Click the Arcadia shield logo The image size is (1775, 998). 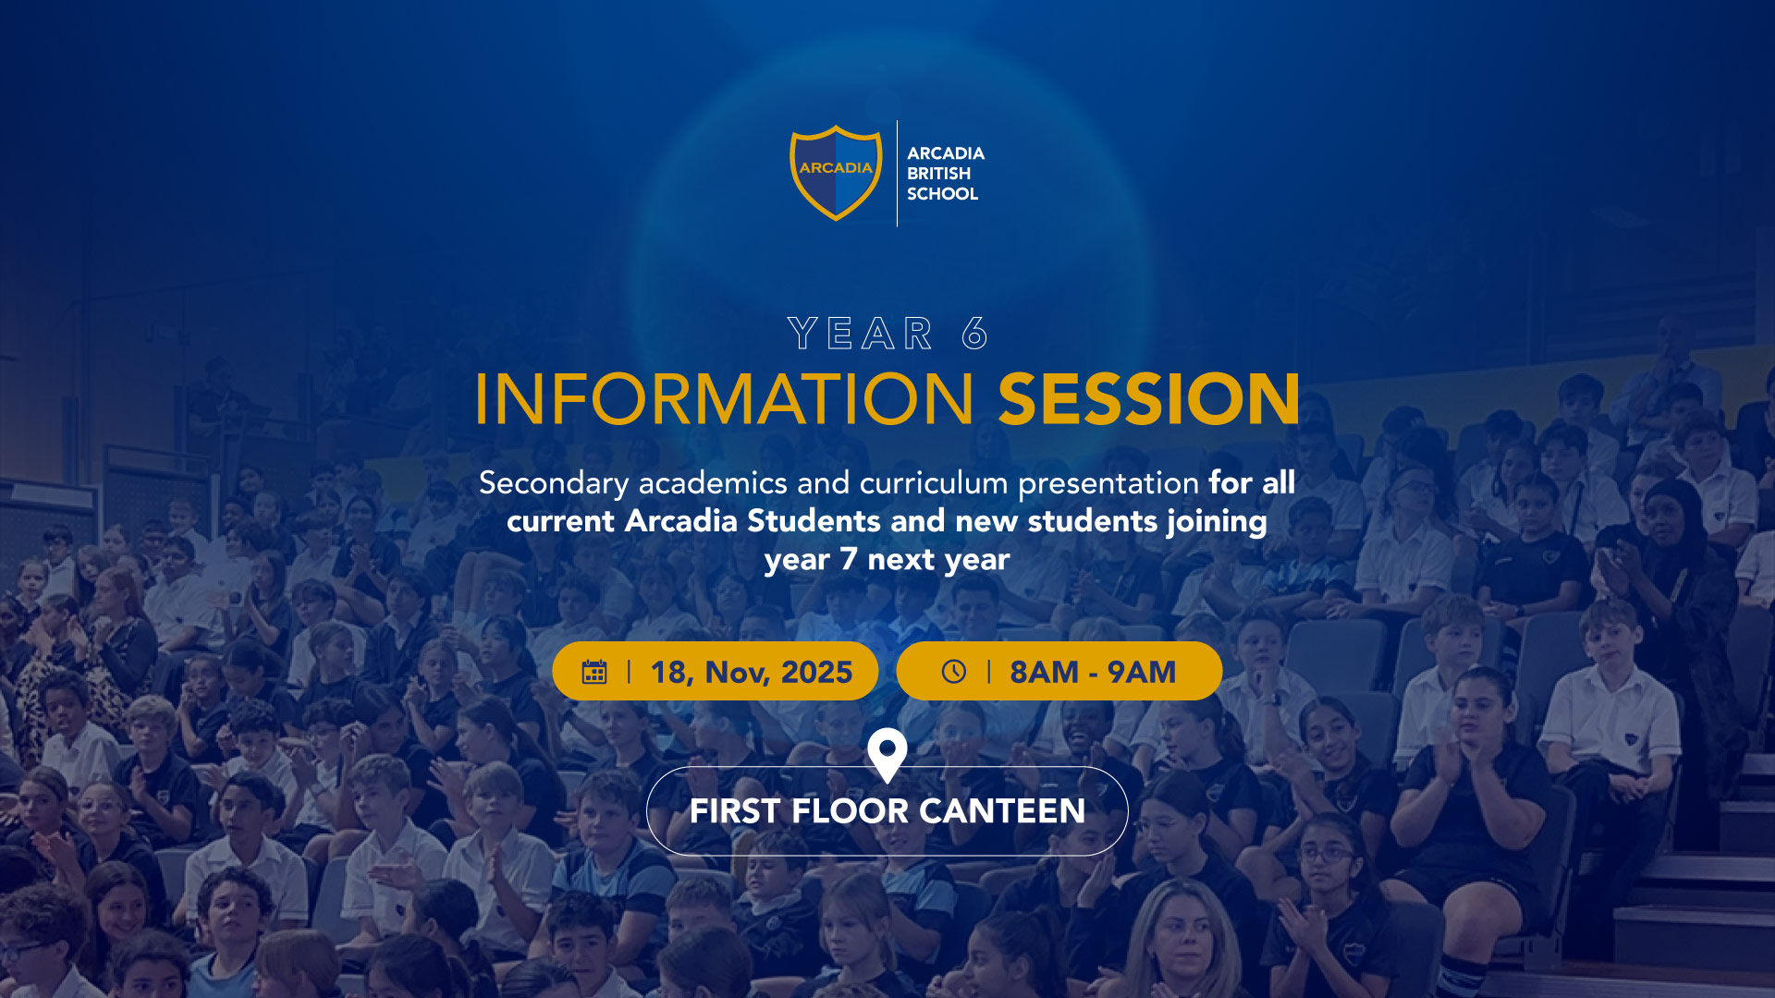[x=836, y=173]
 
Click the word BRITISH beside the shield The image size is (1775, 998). [x=938, y=174]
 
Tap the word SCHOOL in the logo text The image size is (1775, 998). [x=942, y=194]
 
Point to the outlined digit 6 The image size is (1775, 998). [x=974, y=334]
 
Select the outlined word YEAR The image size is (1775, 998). [x=861, y=334]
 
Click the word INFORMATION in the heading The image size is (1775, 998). [x=724, y=399]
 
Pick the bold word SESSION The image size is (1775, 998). [x=1149, y=399]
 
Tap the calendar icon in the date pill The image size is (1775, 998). [x=594, y=672]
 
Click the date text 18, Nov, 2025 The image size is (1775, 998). [x=752, y=672]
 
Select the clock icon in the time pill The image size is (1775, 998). [x=954, y=672]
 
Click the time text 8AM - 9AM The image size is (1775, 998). [x=1093, y=672]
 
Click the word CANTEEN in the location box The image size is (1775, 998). [x=1002, y=811]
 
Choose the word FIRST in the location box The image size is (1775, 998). [x=736, y=811]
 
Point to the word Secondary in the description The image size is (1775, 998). [x=554, y=483]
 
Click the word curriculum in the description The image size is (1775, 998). [x=934, y=482]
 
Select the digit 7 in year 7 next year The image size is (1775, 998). [x=849, y=559]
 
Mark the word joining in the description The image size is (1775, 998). [x=1217, y=522]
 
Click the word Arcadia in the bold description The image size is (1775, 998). [x=681, y=521]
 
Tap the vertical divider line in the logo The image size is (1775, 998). [x=897, y=173]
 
